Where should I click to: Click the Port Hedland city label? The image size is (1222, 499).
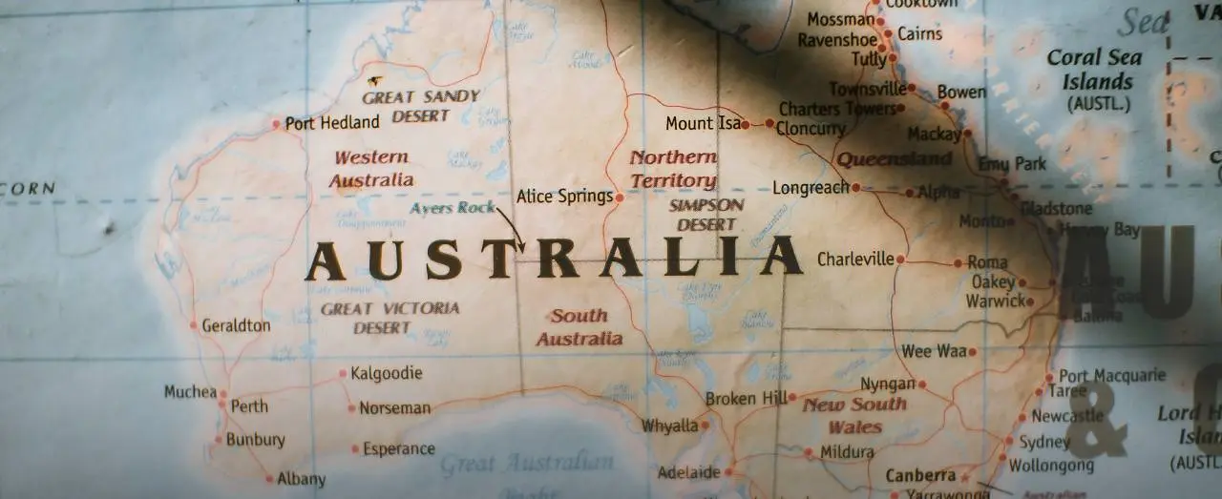[x=331, y=122]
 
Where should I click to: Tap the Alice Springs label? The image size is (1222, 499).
[x=564, y=197]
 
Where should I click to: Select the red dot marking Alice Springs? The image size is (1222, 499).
[x=620, y=198]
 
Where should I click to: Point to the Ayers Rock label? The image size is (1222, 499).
[x=453, y=208]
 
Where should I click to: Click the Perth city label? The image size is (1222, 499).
[x=249, y=405]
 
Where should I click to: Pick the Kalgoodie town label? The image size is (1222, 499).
[x=386, y=373]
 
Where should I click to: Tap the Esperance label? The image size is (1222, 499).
[x=399, y=448]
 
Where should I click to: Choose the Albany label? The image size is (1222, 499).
[x=301, y=479]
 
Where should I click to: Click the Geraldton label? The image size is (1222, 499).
[x=236, y=325]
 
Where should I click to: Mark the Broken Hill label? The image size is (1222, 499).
[x=746, y=398]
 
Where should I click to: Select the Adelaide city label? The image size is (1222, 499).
[x=688, y=472]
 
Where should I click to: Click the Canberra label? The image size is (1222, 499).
[x=920, y=475]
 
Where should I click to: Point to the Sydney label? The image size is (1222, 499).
[x=1044, y=442]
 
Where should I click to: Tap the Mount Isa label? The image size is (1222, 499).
[x=703, y=123]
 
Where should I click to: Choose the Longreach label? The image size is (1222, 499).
[x=811, y=188]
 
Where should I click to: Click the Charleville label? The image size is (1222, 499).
[x=855, y=259]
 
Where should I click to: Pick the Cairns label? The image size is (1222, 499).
[x=919, y=33]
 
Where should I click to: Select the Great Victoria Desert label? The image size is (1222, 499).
[x=390, y=318]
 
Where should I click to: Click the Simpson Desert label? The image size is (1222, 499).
[x=706, y=215]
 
